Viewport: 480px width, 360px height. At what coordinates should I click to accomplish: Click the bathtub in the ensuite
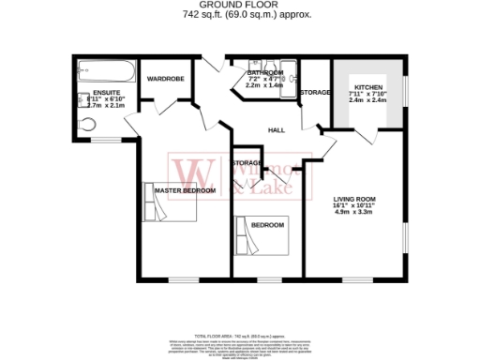(105, 68)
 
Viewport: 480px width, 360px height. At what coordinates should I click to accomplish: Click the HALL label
(277, 130)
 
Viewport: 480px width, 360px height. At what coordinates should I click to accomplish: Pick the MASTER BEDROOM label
(185, 191)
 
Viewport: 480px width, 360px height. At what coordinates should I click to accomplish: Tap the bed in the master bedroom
(173, 202)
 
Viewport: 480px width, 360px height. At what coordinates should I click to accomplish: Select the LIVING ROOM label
(354, 199)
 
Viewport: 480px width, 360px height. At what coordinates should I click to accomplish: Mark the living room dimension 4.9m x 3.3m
(354, 212)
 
